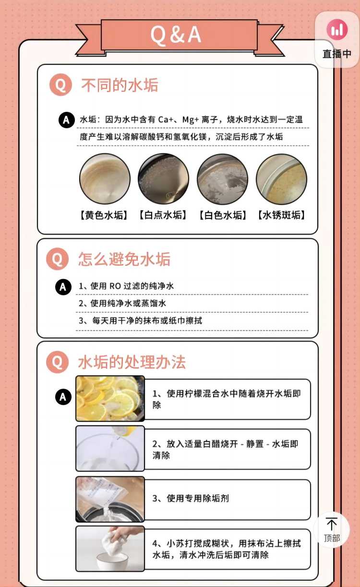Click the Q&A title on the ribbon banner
coord(176,35)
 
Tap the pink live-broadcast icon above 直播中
coord(337,30)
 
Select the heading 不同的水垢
coord(120,85)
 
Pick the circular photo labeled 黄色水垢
coord(105,179)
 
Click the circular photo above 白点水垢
coord(163,179)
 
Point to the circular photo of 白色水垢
coord(223,179)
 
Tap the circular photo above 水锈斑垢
coord(281,179)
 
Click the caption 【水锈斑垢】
coord(281,215)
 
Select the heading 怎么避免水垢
coord(124,259)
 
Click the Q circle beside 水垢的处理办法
coord(57,362)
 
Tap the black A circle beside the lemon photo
coord(63,397)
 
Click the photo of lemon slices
coord(110,398)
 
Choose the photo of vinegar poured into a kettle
coord(110,448)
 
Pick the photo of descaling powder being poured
coord(110,500)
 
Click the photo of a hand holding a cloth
coord(110,549)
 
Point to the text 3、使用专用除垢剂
coord(191,498)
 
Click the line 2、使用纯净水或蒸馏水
coord(122,303)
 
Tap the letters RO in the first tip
coord(115,286)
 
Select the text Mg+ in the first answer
coord(191,120)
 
